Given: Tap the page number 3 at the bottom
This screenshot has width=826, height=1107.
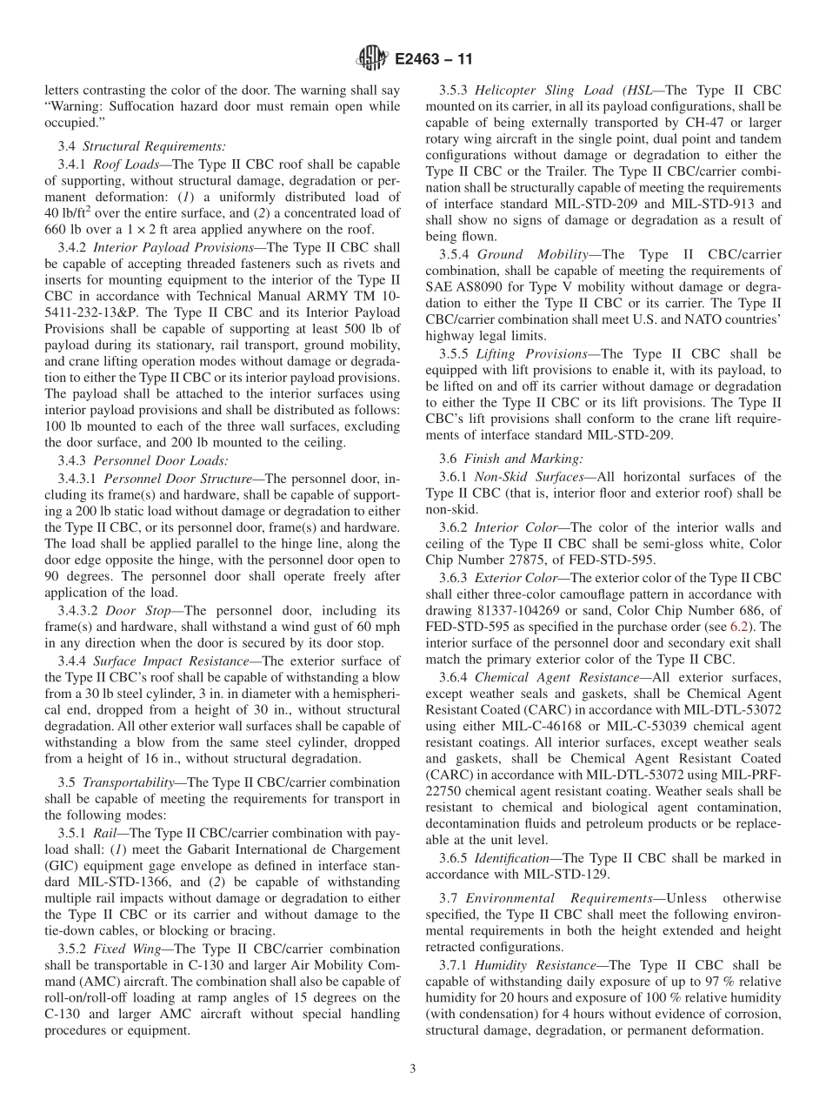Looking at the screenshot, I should coord(413,1070).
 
